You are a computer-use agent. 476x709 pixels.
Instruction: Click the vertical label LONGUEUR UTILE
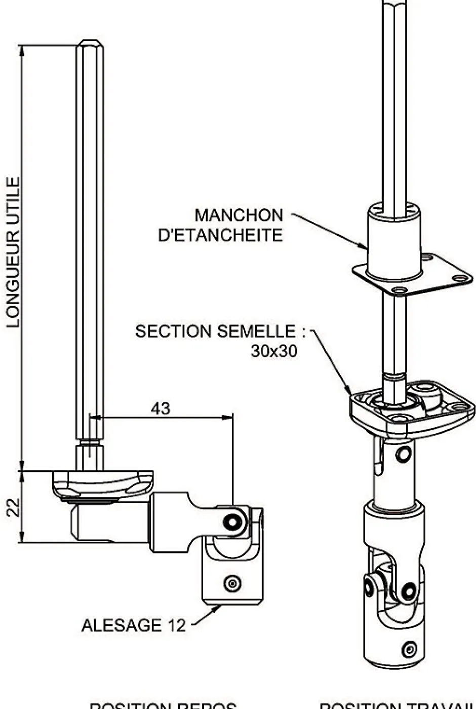(13, 252)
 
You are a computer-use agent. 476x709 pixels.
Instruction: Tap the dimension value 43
(160, 408)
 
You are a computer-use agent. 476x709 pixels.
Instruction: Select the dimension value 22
(13, 507)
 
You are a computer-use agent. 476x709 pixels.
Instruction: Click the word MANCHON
(239, 215)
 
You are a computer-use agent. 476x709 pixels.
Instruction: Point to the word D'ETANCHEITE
(220, 235)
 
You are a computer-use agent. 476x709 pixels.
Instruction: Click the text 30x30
(273, 351)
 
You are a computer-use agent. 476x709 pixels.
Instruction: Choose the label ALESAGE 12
(134, 625)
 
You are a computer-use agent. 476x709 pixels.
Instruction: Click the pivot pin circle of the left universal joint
(232, 520)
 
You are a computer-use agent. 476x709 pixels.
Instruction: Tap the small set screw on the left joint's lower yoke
(232, 583)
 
